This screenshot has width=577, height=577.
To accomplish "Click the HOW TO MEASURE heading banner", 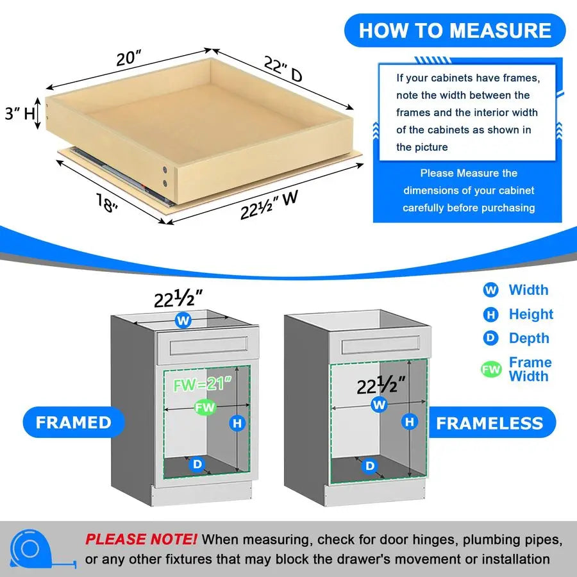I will click(455, 31).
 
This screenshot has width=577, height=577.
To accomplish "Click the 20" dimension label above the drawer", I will click(130, 58).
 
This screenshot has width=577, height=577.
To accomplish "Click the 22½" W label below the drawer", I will click(269, 206).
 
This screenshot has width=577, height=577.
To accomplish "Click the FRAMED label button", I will click(73, 422).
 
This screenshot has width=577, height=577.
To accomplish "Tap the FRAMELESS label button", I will click(489, 423).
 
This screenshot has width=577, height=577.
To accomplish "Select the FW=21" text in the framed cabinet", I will click(201, 386).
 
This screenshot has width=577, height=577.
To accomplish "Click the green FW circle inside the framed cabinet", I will click(206, 408).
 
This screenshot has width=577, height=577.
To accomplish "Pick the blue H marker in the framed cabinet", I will click(238, 422).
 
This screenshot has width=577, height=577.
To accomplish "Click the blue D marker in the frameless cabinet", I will click(370, 466).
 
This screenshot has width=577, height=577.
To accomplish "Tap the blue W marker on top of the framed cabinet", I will click(183, 320).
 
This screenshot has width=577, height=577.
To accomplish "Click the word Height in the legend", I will click(530, 314).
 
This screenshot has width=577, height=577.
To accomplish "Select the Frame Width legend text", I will click(530, 369).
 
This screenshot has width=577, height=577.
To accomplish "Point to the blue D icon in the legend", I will click(490, 339).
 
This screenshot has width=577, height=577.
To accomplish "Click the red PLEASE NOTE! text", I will click(142, 539).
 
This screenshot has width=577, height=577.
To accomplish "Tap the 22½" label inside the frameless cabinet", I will click(383, 385).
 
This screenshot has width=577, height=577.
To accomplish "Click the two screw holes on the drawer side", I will click(167, 176).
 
